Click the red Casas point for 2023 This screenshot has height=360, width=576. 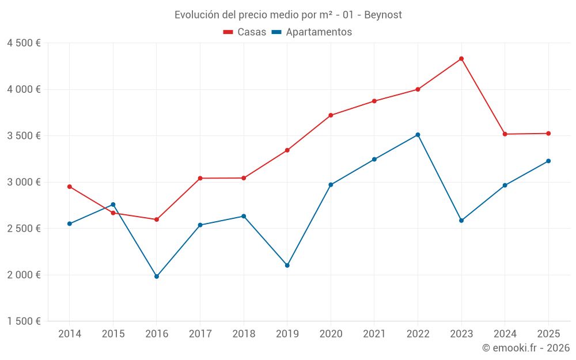pyautogui.click(x=461, y=59)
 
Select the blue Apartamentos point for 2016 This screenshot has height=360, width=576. pyautogui.click(x=157, y=276)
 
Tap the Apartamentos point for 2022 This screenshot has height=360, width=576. pyautogui.click(x=418, y=135)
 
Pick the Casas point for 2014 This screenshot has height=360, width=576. pyautogui.click(x=70, y=187)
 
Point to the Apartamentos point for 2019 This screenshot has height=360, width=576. pyautogui.click(x=287, y=266)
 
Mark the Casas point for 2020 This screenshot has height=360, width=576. pyautogui.click(x=331, y=115)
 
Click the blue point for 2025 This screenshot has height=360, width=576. pyautogui.click(x=548, y=161)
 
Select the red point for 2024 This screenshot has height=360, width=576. pyautogui.click(x=505, y=134)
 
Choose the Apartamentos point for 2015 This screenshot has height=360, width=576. pyautogui.click(x=113, y=204)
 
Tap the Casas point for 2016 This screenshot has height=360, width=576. pyautogui.click(x=157, y=219)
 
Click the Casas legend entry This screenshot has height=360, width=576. pyautogui.click(x=245, y=32)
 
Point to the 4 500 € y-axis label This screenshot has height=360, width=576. pyautogui.click(x=24, y=43)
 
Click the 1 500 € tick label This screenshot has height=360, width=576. pyautogui.click(x=24, y=321)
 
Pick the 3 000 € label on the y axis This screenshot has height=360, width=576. pyautogui.click(x=24, y=182)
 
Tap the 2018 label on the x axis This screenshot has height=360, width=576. pyautogui.click(x=244, y=334)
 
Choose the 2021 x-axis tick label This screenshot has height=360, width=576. pyautogui.click(x=374, y=334)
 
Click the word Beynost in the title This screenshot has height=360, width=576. pyautogui.click(x=382, y=14)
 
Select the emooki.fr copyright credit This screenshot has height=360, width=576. pyautogui.click(x=526, y=348)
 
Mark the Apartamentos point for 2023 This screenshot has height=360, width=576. pyautogui.click(x=461, y=221)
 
